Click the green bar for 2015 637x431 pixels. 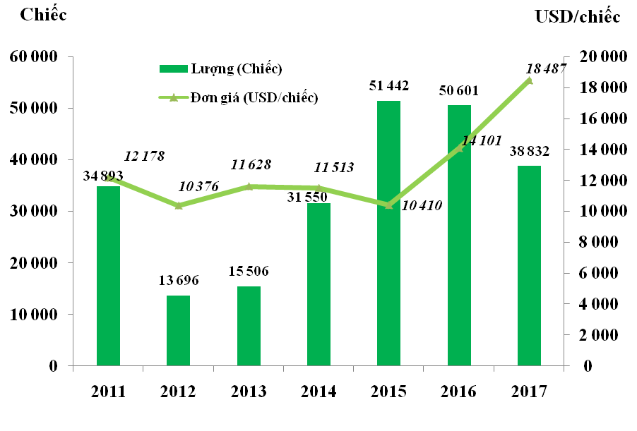(388, 233)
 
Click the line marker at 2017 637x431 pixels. (529, 80)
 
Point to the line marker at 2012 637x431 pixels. (178, 205)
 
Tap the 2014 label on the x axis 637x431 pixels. (318, 391)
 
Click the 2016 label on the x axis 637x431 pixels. (459, 391)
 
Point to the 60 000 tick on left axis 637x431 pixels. (33, 57)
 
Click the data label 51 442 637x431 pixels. (389, 87)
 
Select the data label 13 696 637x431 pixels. (179, 281)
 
